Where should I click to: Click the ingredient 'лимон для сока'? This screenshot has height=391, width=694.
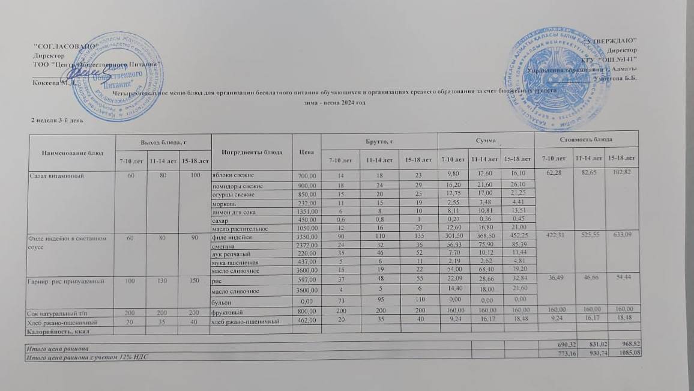point(232,211)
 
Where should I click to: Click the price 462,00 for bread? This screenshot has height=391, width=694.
point(307,321)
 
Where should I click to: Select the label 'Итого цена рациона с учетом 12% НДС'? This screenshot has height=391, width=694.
point(85,357)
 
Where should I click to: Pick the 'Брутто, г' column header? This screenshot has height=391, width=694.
point(379,139)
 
